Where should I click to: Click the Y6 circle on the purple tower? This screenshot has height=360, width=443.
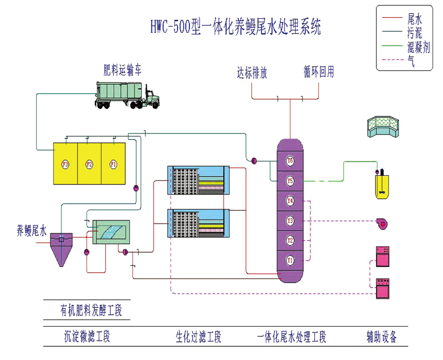coord(290,161)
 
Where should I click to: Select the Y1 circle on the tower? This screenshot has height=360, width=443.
coord(290,259)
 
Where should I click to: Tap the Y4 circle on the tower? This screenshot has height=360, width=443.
coord(290,200)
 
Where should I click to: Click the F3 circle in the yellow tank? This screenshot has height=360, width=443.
coord(65,164)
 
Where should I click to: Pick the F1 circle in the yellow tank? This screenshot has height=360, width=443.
coord(113,164)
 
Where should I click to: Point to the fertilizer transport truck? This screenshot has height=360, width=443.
coord(127,95)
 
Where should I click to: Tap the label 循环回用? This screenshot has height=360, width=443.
coord(319,73)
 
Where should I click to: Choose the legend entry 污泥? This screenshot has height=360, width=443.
coord(414,33)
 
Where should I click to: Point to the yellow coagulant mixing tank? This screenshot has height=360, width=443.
coord(382,186)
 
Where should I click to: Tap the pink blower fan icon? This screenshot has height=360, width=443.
coord(382,223)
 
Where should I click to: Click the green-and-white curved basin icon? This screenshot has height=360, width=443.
coord(382,127)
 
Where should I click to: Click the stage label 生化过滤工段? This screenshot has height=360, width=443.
coord(198,338)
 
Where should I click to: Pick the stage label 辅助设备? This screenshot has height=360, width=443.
coord(381,338)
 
